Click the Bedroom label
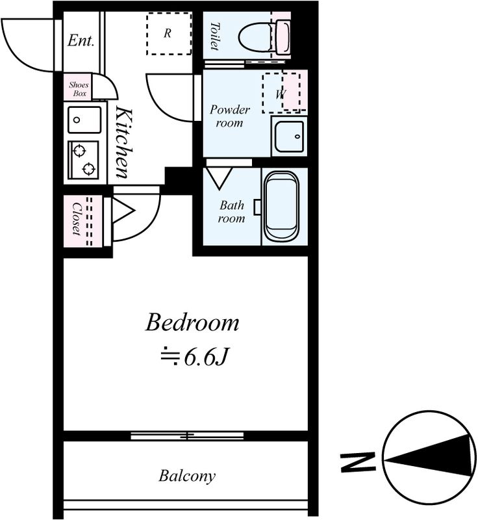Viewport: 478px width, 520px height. (x=192, y=322)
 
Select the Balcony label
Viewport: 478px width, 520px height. (x=187, y=476)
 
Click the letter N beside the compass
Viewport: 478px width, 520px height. (x=358, y=461)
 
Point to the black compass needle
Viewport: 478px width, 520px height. (x=431, y=456)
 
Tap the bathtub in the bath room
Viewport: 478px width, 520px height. (x=281, y=207)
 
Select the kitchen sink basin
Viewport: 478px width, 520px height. (x=84, y=120)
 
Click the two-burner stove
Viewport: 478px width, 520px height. (x=83, y=160)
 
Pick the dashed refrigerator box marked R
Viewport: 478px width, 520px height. (x=169, y=34)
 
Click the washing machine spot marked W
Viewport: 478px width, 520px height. (x=281, y=93)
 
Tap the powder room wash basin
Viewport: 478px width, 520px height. (x=289, y=136)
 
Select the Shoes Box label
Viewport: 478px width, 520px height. (x=79, y=89)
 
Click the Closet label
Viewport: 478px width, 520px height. (x=77, y=219)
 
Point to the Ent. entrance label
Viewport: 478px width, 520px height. (x=81, y=40)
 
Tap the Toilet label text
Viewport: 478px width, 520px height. (x=215, y=36)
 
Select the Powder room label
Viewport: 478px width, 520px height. (x=230, y=116)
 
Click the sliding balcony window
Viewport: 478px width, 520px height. (x=187, y=435)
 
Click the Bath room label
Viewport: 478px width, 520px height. (x=232, y=212)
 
